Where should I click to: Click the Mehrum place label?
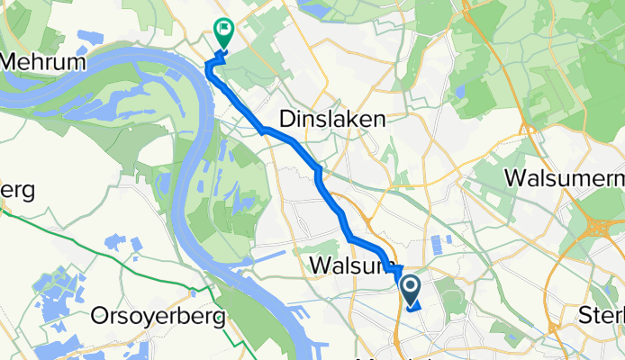pos(44,63)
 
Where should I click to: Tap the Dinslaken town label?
pos(333,119)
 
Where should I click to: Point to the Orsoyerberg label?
pos(159,317)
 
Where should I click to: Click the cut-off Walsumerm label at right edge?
pos(564,176)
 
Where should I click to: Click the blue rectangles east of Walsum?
pos(441,245)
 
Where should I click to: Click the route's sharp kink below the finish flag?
pos(213,63)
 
